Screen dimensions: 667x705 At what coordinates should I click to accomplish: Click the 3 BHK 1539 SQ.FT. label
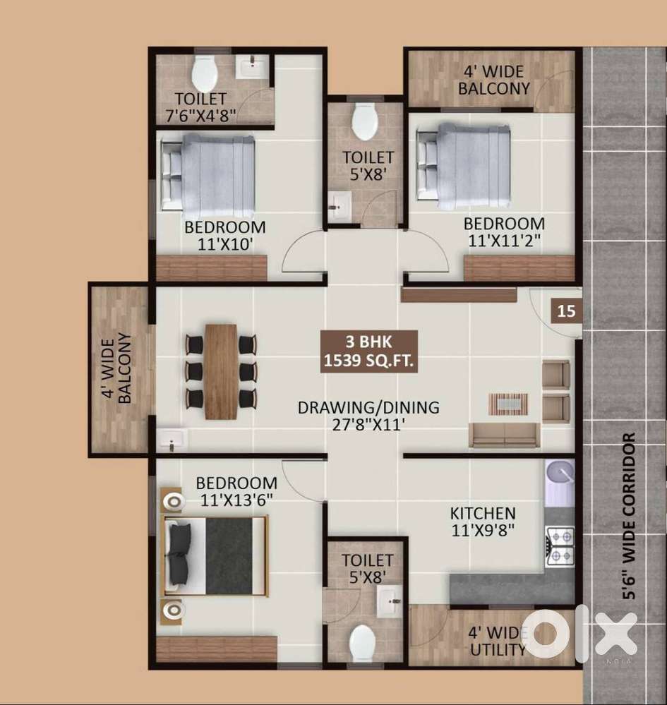pos(369,351)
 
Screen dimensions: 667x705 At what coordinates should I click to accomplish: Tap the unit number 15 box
pos(566,311)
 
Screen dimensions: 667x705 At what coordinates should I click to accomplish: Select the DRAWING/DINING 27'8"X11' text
pos(368,416)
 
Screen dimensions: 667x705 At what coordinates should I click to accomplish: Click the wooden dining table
pos(221,371)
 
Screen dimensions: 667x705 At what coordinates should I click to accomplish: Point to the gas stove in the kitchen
pos(560,546)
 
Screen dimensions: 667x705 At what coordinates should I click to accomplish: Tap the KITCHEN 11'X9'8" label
pos(483,522)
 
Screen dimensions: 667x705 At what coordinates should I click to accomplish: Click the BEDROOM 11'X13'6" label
pos(236,491)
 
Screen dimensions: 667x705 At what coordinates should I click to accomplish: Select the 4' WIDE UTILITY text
pos(498,641)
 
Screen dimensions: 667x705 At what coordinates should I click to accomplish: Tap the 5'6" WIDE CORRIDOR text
pos(629,516)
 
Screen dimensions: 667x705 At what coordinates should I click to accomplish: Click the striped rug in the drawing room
pos(508,404)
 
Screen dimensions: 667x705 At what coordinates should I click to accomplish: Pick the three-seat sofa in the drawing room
pos(504,435)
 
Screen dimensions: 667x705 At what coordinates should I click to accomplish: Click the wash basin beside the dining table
pos(172,438)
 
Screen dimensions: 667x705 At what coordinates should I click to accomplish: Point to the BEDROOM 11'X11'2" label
pos(504,232)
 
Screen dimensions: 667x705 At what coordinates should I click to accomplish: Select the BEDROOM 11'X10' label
pos(225,236)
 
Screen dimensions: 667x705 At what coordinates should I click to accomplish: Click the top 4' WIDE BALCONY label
pos(494,80)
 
